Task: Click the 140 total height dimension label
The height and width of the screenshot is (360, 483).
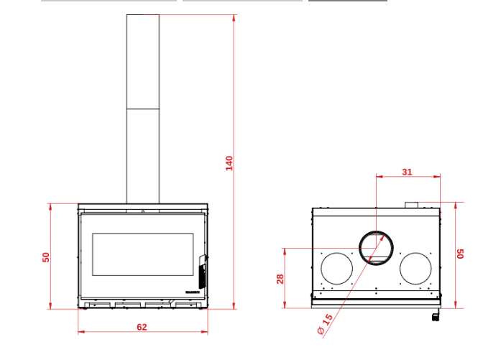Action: (229, 162)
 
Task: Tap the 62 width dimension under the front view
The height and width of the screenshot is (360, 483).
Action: (142, 327)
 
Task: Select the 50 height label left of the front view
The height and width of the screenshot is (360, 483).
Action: (46, 257)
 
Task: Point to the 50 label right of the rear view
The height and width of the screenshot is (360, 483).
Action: (461, 254)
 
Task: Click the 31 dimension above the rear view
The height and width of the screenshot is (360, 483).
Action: (407, 172)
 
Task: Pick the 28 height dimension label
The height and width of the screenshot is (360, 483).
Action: (280, 278)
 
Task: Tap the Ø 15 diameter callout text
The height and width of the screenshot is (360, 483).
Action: (325, 324)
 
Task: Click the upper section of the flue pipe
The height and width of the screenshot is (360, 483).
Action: (143, 62)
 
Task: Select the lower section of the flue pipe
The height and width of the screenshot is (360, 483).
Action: (143, 155)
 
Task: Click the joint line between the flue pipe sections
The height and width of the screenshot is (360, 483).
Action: (143, 109)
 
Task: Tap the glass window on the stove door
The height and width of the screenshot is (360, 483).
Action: (142, 254)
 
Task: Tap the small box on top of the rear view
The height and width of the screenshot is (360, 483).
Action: (413, 206)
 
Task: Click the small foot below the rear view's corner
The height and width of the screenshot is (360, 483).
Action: (436, 315)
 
